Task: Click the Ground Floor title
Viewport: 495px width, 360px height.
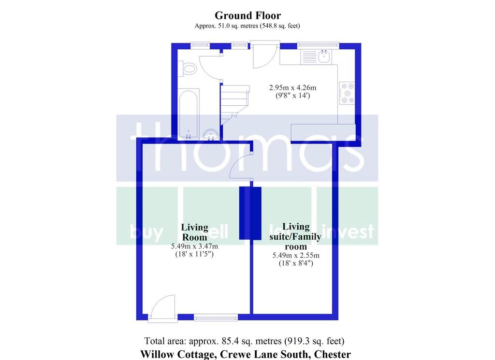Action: coord(247,15)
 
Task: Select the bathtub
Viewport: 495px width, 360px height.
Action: coord(189,114)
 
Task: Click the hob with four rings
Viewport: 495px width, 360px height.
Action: coord(347,93)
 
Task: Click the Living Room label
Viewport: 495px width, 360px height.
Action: coord(194,232)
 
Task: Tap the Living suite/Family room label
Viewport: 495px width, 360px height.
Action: coord(295,236)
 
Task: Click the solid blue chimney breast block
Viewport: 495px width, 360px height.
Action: coord(250,213)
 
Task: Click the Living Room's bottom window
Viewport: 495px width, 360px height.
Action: coord(216,317)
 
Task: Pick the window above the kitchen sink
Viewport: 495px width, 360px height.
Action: coord(318,46)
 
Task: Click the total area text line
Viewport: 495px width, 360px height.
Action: coord(244,341)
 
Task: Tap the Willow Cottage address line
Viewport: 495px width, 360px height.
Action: coord(246,354)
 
